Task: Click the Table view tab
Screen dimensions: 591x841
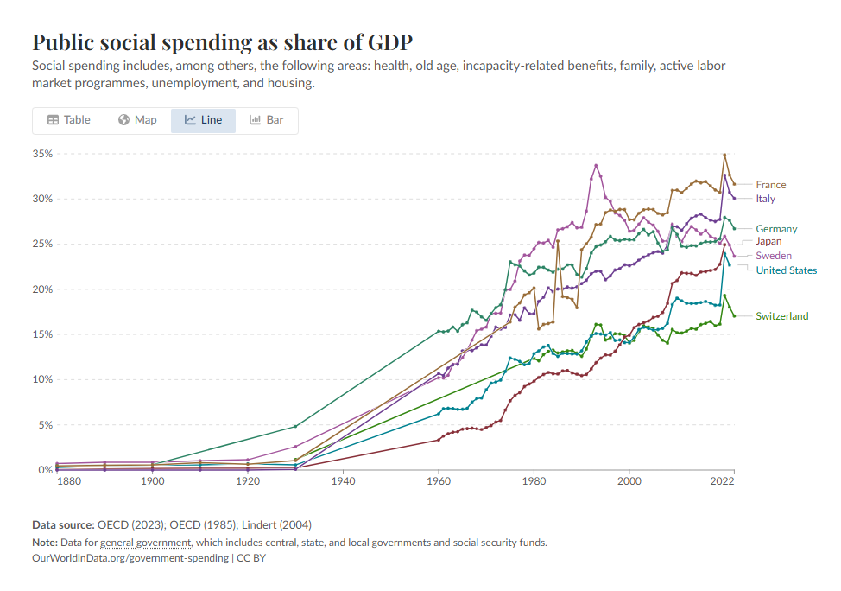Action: click(68, 120)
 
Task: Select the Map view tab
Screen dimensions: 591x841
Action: click(137, 120)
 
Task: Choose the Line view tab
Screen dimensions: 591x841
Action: click(203, 120)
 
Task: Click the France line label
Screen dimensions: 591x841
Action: click(771, 185)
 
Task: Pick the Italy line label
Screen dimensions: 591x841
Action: click(765, 199)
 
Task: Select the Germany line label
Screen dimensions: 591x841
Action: click(776, 229)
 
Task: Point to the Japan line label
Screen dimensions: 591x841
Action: click(768, 242)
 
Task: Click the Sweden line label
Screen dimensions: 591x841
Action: click(774, 256)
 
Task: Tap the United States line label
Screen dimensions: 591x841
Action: click(786, 270)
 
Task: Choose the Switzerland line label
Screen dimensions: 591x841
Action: click(781, 316)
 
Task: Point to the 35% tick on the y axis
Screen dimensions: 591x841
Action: click(42, 154)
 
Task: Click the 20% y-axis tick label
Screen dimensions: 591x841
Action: click(42, 289)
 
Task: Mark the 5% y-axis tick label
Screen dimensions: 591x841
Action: click(45, 425)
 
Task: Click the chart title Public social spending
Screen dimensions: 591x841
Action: click(222, 42)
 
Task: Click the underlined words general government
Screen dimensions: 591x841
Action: click(145, 543)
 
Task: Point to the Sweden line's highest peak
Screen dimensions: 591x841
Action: click(596, 165)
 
